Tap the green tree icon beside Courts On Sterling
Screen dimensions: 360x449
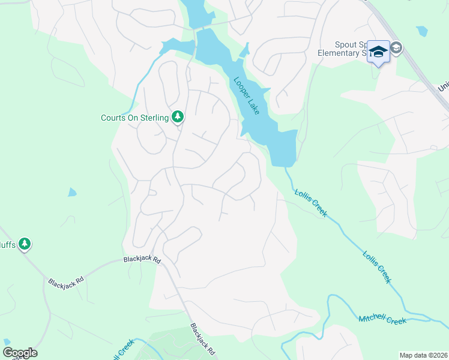pyautogui.click(x=177, y=116)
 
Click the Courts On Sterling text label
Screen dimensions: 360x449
pyautogui.click(x=134, y=118)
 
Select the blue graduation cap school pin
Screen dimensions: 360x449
pyautogui.click(x=379, y=52)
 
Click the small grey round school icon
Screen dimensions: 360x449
pyautogui.click(x=396, y=47)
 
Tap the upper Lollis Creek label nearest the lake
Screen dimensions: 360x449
pyautogui.click(x=310, y=203)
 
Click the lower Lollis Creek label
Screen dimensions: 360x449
pyautogui.click(x=377, y=266)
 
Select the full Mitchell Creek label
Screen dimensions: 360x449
pyautogui.click(x=382, y=319)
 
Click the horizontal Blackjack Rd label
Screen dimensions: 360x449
pyautogui.click(x=142, y=260)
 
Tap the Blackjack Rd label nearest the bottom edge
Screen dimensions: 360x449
pyautogui.click(x=202, y=340)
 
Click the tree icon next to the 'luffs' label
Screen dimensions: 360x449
pyautogui.click(x=24, y=244)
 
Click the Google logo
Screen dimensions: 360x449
pyautogui.click(x=20, y=353)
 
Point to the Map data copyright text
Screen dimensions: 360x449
pyautogui.click(x=423, y=355)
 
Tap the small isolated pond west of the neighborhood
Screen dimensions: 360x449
pyautogui.click(x=72, y=193)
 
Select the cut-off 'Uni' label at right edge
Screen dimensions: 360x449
pyautogui.click(x=443, y=88)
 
